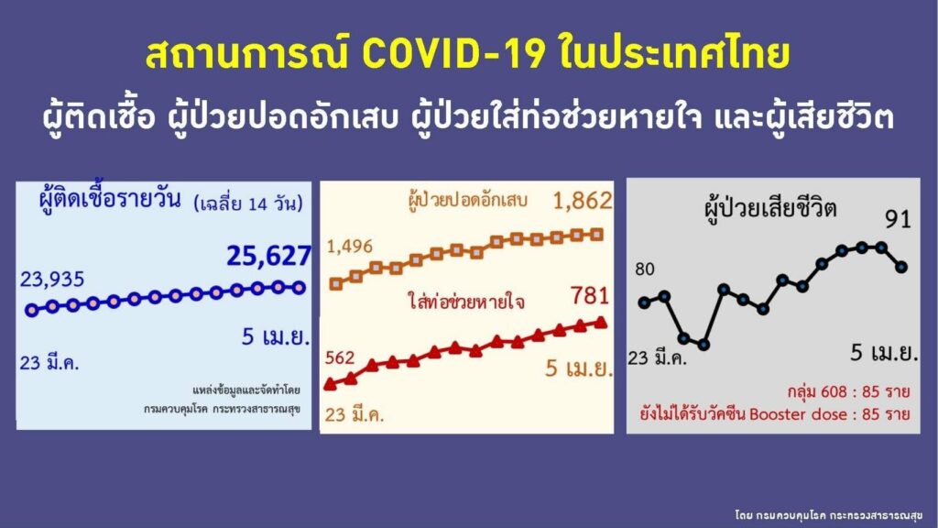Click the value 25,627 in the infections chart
pos(268,256)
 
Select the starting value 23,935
pos(52,279)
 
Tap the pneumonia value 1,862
pos(583,201)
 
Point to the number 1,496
pos(349,246)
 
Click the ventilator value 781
pos(590,296)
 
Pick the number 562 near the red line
pos(340,357)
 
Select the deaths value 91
pos(898,220)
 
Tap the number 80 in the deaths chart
pos(645,269)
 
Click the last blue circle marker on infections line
pos(299,288)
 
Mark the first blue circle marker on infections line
pos(32,310)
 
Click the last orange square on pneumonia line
pos(596,235)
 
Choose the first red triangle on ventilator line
pos(330,384)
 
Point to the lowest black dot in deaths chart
pos(703,345)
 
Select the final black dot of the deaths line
pos(901,267)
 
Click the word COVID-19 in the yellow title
pos(453,54)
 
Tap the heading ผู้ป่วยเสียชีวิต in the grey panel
pos(770,209)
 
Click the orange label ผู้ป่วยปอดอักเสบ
pos(467,201)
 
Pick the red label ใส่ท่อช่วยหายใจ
pos(466,302)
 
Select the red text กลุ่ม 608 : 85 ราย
pos(848,392)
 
